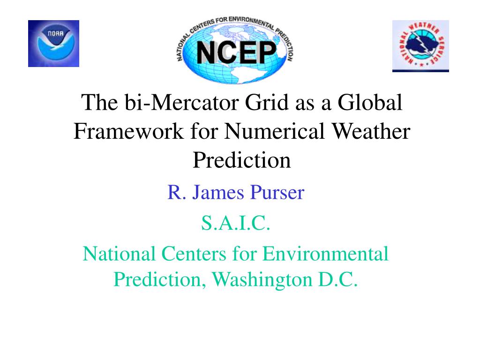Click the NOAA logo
coord(53,44)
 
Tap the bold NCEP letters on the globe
coord(236,52)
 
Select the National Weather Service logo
coord(420,46)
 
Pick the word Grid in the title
coord(267,102)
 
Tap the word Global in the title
coord(370,102)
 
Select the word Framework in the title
coord(128,131)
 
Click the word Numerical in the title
coord(274,131)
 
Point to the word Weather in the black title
coord(371,131)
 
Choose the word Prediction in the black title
coord(242,160)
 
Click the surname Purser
coord(277,193)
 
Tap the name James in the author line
coord(218,193)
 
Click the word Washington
coord(262,279)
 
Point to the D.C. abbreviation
coord(338,279)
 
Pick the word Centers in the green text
coord(194,254)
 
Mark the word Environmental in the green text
coord(325,254)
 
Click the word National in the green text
coord(119,254)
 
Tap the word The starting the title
coord(99,102)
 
